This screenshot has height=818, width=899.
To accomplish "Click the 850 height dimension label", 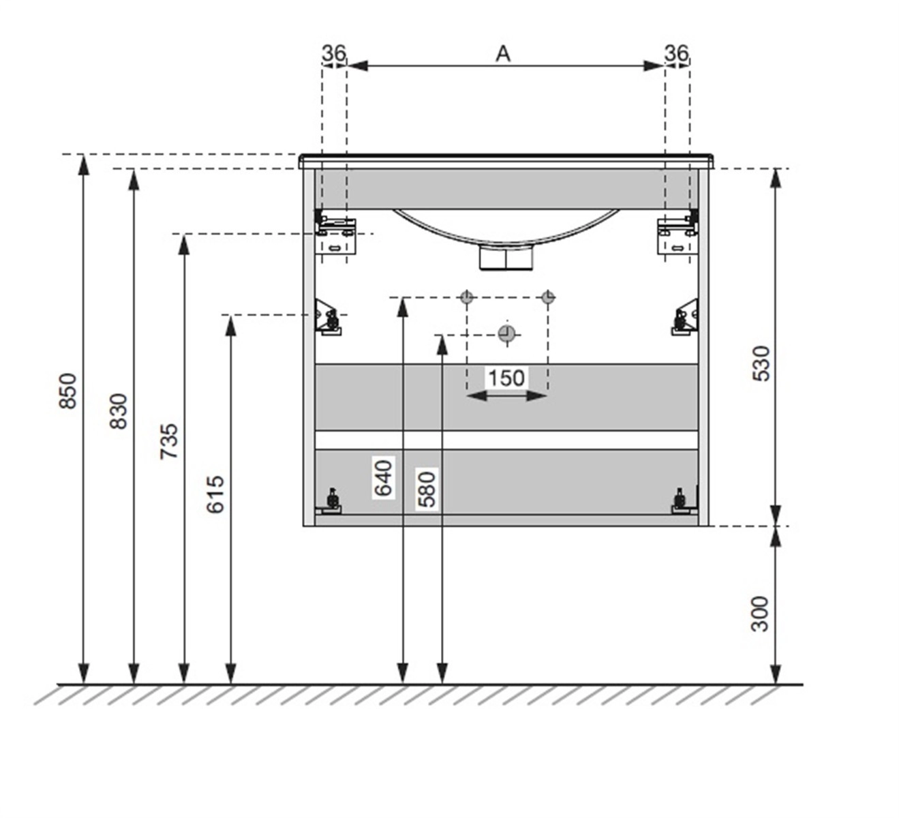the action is tap(68, 391).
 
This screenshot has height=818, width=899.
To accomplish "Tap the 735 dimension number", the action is tap(170, 441).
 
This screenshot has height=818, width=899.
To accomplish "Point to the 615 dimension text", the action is tap(215, 494).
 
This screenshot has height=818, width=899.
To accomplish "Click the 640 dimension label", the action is tap(384, 478).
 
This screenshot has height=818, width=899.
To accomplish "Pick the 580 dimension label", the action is tap(427, 489).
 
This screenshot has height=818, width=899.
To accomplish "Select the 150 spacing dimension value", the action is tap(506, 378).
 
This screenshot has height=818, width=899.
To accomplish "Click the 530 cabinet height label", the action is tap(761, 363).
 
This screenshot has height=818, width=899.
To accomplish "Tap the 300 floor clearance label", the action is tap(760, 613).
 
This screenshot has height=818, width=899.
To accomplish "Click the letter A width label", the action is tap(503, 55).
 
